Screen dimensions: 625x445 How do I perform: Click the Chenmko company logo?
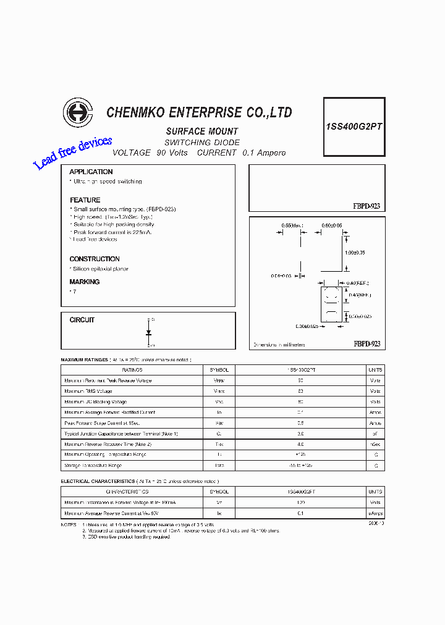77,114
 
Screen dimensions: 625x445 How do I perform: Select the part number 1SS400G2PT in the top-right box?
354,126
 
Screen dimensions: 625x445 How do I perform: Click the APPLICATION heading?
91,172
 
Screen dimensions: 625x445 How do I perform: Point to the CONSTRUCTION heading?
95,259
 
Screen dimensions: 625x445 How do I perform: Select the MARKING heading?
85,282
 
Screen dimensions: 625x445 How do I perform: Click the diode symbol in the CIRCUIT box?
148,333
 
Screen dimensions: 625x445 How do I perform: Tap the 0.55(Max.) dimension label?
292,226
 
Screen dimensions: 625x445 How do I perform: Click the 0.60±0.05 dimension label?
333,226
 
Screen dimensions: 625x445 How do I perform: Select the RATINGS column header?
132,370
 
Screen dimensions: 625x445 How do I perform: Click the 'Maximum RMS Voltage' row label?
88,391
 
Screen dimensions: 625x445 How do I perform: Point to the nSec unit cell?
375,444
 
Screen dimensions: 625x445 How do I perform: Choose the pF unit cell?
375,434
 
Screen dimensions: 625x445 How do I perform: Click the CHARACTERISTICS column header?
127,492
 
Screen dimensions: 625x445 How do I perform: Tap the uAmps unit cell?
375,513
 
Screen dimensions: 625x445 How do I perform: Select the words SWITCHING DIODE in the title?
202,143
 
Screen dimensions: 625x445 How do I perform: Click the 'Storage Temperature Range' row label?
93,465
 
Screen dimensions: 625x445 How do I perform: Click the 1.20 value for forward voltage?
301,503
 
